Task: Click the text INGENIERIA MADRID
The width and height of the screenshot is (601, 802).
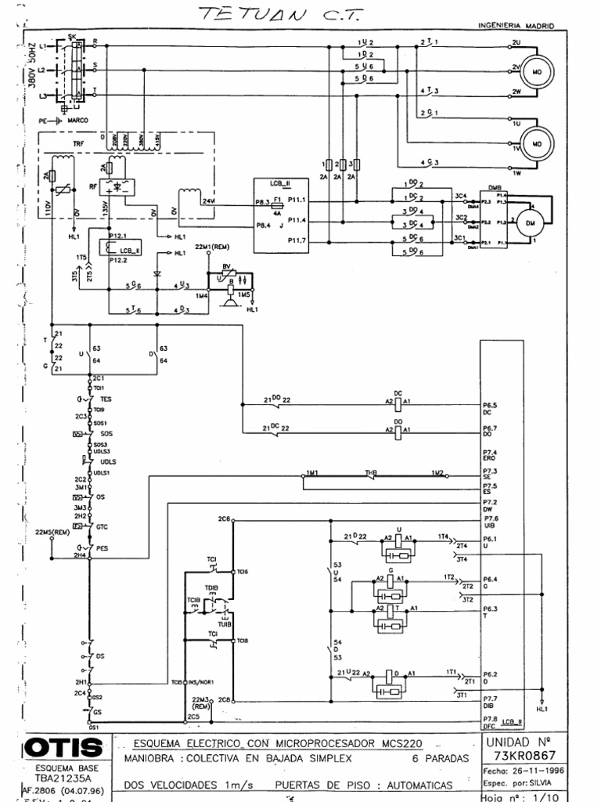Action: (x=516, y=26)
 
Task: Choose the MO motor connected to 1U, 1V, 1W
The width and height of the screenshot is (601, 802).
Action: (x=537, y=144)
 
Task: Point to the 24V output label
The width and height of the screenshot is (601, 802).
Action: (x=207, y=201)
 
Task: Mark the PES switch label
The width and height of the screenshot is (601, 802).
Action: (x=102, y=549)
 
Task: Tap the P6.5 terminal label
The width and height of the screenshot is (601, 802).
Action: (x=491, y=405)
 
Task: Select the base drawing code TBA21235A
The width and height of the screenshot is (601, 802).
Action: (x=54, y=779)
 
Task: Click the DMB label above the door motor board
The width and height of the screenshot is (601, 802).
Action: (x=494, y=188)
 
